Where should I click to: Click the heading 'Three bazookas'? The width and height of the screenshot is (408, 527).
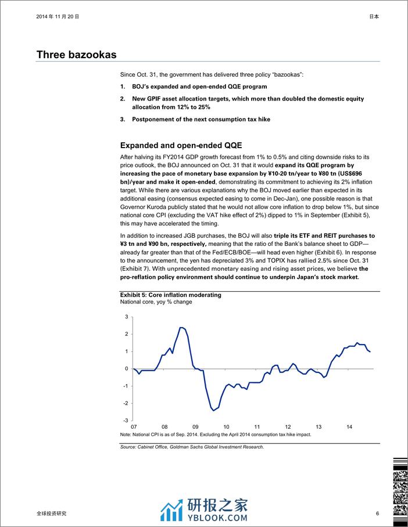(76, 55)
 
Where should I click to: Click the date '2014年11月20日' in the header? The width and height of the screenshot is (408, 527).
(58, 17)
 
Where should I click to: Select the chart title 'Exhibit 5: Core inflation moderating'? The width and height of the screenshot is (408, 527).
(170, 295)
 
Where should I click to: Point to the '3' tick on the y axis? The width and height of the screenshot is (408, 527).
(126, 317)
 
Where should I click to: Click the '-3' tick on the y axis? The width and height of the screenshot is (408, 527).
(125, 420)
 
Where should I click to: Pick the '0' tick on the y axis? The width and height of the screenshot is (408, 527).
(126, 368)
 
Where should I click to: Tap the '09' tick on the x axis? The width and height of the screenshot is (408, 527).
(195, 425)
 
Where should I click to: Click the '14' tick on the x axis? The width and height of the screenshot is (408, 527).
(349, 425)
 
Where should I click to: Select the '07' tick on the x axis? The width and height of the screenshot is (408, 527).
(134, 425)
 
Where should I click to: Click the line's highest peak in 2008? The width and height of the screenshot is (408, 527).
(181, 328)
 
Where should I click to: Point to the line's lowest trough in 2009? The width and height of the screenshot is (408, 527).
(213, 410)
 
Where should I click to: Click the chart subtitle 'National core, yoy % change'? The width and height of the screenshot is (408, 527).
(156, 302)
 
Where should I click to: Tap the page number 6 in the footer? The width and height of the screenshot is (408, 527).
(377, 514)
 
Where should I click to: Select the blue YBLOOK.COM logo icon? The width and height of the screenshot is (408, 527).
(172, 510)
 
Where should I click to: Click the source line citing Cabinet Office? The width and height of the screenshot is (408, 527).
(192, 447)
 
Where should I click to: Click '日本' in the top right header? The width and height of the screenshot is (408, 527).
(374, 17)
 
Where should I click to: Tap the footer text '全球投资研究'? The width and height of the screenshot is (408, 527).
(51, 514)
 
